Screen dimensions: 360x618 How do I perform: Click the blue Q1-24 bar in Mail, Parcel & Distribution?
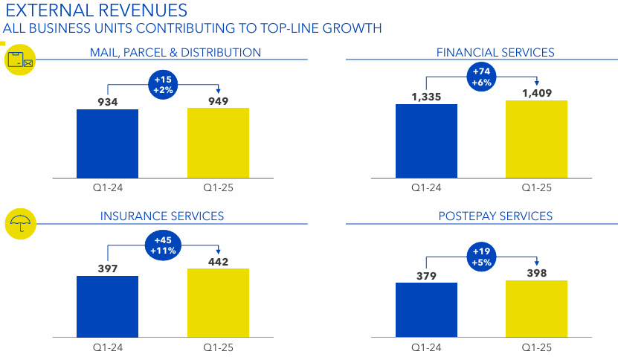click(107, 143)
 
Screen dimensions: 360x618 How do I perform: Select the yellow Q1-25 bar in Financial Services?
click(536, 139)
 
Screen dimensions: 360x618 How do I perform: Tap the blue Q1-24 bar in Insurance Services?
click(107, 306)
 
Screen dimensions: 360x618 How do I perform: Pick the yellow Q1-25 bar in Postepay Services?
click(536, 309)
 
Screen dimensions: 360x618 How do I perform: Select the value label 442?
click(218, 261)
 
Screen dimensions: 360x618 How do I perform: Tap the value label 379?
click(427, 276)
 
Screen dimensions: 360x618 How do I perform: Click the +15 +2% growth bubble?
click(163, 84)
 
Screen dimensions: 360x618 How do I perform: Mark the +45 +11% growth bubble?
click(163, 245)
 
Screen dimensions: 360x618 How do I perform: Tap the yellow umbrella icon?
click(20, 222)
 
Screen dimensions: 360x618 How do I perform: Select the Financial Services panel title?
click(495, 52)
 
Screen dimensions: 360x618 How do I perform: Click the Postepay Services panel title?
click(495, 216)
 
